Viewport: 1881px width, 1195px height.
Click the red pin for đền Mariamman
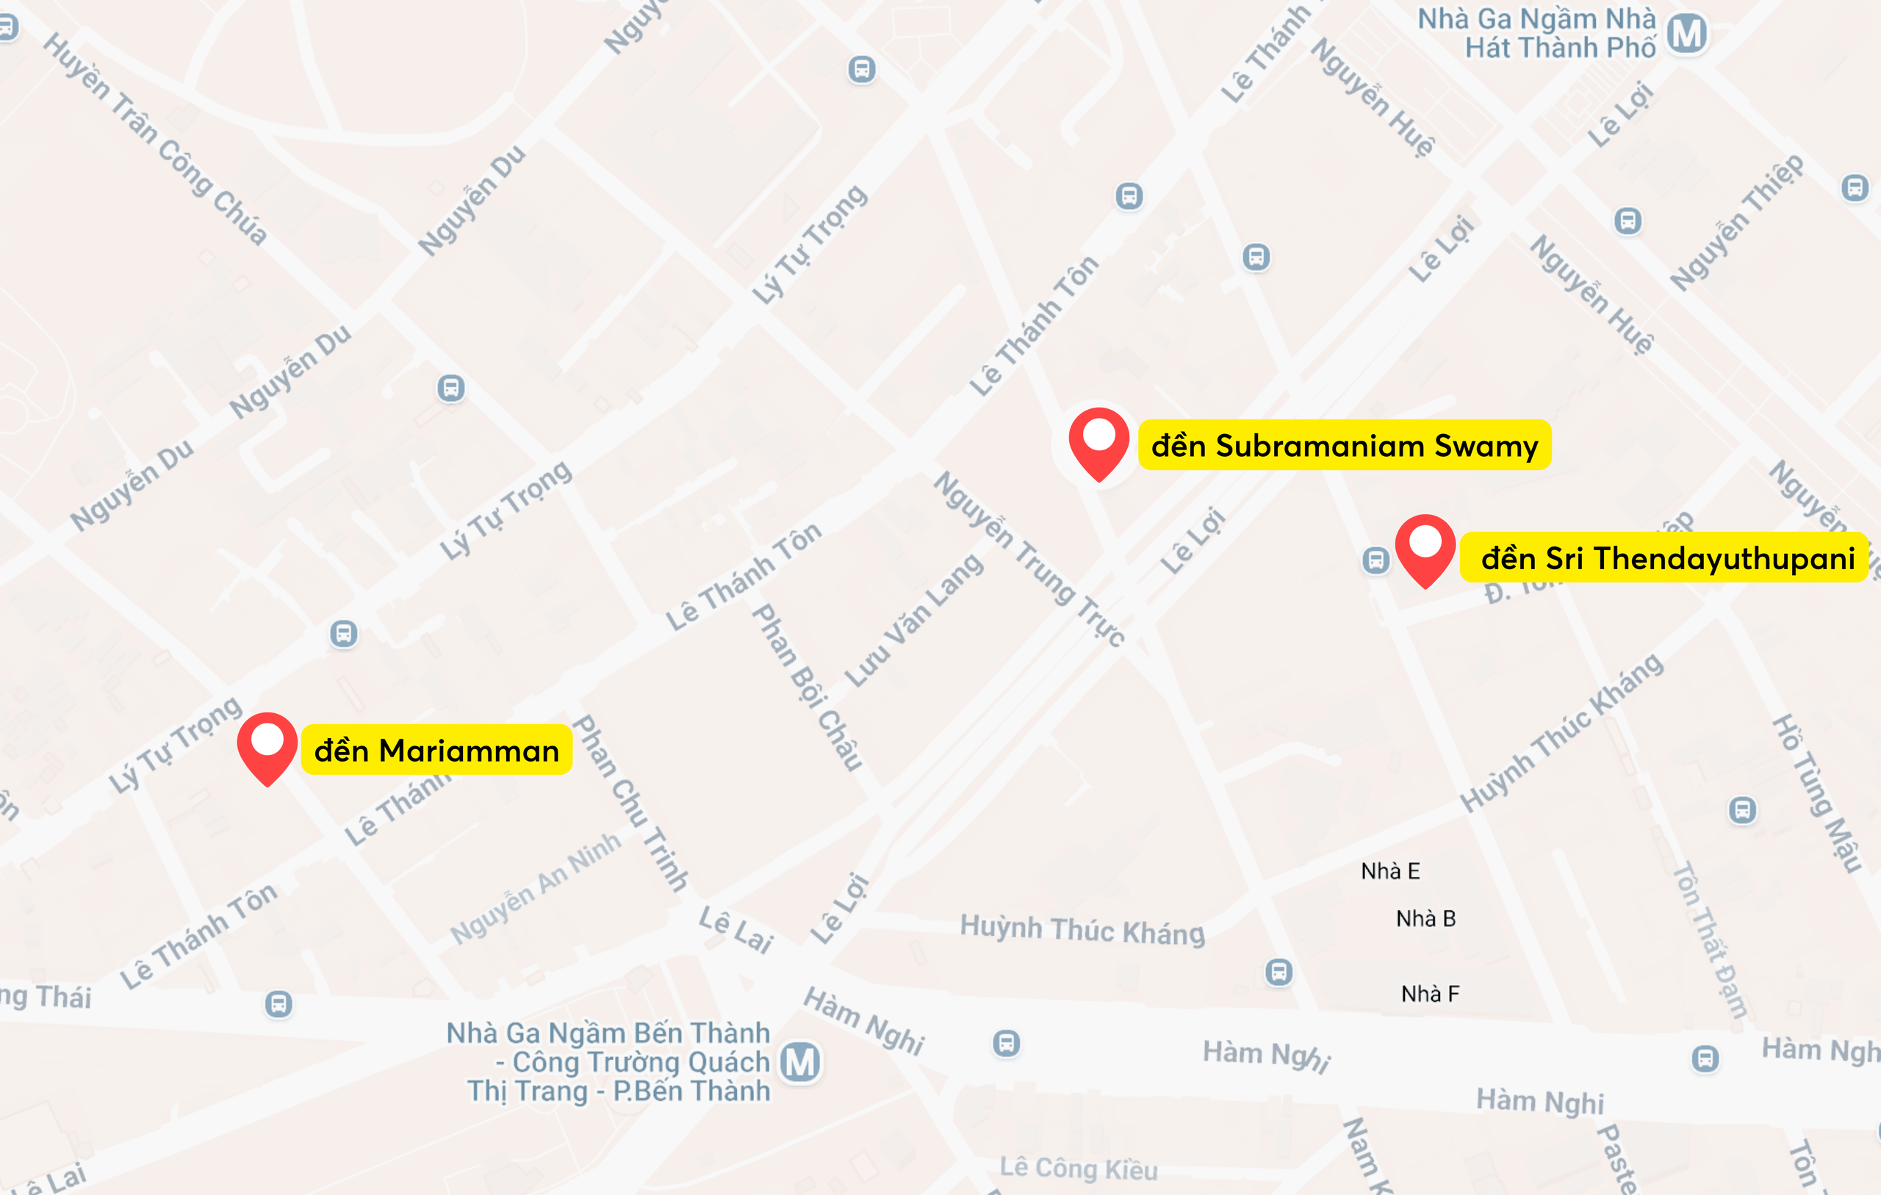(x=267, y=746)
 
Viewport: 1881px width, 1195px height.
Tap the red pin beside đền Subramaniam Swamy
(x=1098, y=441)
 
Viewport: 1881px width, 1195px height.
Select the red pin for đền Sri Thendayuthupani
(x=1425, y=549)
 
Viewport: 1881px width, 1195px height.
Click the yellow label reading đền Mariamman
(x=436, y=751)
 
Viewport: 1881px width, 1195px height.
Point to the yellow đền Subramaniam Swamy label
(x=1345, y=445)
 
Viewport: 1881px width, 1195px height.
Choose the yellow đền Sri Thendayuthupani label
(x=1667, y=558)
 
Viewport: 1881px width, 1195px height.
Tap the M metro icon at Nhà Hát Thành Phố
(x=1686, y=34)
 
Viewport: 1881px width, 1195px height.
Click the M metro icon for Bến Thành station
(x=801, y=1062)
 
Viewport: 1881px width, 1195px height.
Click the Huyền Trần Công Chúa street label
(x=154, y=139)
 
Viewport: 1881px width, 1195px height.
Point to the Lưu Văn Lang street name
(x=915, y=620)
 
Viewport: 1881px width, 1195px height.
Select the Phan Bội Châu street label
(x=808, y=687)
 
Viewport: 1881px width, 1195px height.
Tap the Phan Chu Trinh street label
(x=631, y=803)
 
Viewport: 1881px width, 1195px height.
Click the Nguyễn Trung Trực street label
(x=1029, y=559)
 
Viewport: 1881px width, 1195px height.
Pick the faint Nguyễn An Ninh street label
(x=536, y=888)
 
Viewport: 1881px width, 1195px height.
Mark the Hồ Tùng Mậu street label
(x=1817, y=792)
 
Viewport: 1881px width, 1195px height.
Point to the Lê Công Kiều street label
(x=1079, y=1169)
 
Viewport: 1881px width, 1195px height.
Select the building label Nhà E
(x=1390, y=871)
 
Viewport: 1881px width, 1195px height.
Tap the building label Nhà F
(x=1430, y=994)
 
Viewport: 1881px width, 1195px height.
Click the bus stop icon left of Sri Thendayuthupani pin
(x=1375, y=560)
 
